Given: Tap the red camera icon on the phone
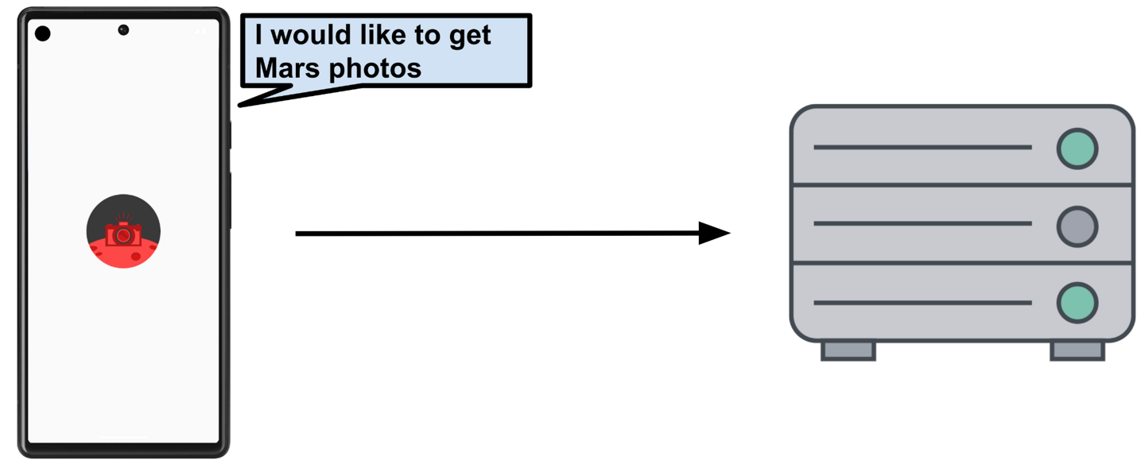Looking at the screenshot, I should [x=123, y=234].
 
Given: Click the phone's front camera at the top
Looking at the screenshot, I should [x=123, y=30].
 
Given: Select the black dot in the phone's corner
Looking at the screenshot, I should [x=43, y=33].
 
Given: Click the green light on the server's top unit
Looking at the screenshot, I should [x=1077, y=148].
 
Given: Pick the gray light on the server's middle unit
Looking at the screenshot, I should [x=1077, y=225].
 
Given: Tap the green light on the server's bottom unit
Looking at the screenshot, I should [x=1077, y=303].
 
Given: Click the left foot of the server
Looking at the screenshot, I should [x=848, y=350].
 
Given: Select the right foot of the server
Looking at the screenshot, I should [x=1077, y=350].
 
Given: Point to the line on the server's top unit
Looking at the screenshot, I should [x=922, y=148].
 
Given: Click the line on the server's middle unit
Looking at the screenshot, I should [x=922, y=224].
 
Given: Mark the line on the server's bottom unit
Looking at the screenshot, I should [x=922, y=303].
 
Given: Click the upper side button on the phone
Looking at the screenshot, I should [x=230, y=135].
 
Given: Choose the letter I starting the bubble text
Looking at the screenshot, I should [x=259, y=36].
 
